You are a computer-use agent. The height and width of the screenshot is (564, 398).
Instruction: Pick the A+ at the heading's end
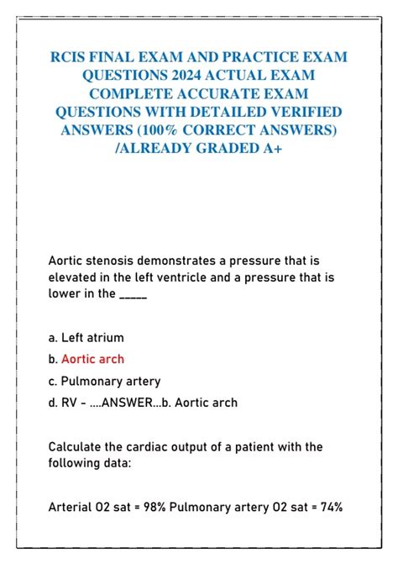tap(273, 148)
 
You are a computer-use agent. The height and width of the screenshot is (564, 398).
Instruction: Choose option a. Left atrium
tap(86, 338)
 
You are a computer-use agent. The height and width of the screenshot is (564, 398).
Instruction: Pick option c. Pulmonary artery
tap(104, 381)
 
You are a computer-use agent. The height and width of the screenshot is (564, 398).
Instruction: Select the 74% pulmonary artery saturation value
tap(328, 507)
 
